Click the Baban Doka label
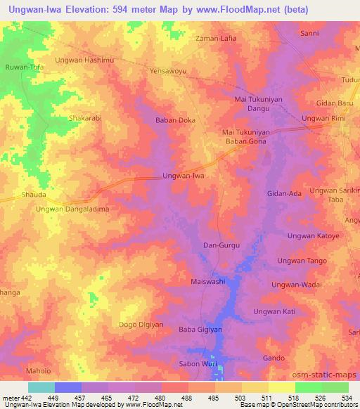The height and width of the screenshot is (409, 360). pyautogui.click(x=175, y=120)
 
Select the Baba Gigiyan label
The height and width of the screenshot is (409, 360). pyautogui.click(x=200, y=329)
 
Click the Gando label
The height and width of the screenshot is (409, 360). pyautogui.click(x=274, y=358)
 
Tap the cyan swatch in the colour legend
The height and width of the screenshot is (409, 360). pyautogui.click(x=41, y=387)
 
